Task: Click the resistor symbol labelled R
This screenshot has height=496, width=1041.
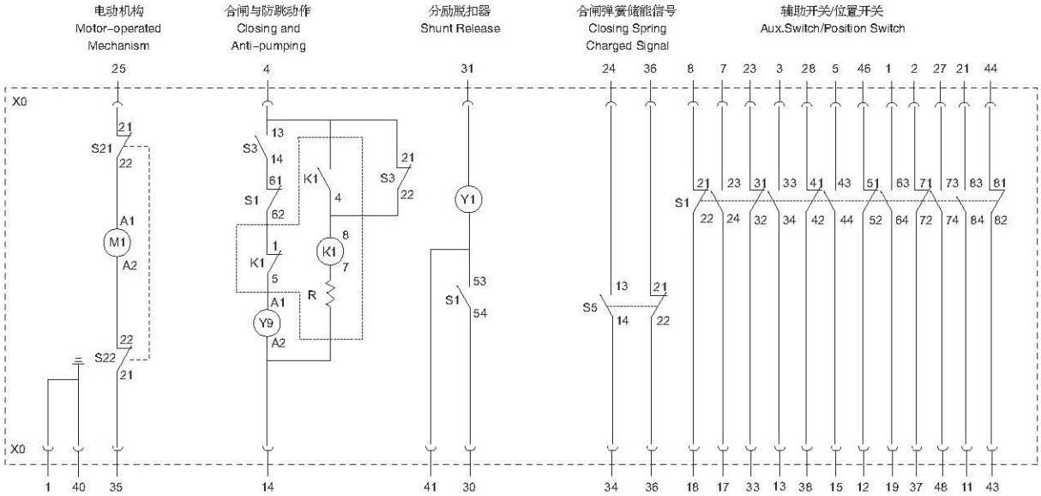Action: click(x=330, y=293)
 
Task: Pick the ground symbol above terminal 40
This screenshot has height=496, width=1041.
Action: click(x=79, y=361)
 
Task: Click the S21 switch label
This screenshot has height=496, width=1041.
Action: click(x=101, y=149)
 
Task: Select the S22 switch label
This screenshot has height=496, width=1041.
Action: click(x=105, y=358)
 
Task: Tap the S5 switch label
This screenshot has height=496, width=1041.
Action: click(x=590, y=307)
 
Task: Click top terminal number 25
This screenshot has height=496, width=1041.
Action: click(x=118, y=69)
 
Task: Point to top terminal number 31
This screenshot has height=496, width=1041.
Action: click(x=467, y=69)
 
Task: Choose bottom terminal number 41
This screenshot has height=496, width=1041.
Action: click(x=430, y=487)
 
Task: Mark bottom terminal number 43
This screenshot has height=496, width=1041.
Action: click(x=992, y=487)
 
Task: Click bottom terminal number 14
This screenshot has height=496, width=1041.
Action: click(x=268, y=487)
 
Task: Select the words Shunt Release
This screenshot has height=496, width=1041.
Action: click(x=460, y=28)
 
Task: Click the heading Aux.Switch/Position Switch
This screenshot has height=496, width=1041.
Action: click(x=833, y=28)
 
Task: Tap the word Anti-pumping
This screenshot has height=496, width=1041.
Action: click(x=268, y=46)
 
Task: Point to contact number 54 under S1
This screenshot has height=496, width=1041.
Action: click(x=480, y=313)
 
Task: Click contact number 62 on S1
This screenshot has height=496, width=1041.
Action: click(x=278, y=215)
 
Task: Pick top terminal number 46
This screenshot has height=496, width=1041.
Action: click(x=863, y=69)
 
